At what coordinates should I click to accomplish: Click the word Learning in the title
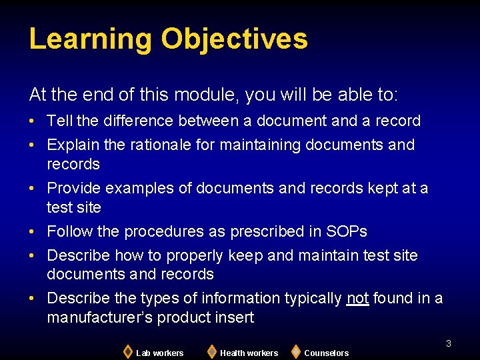[x=91, y=39]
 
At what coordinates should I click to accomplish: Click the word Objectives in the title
[x=234, y=39]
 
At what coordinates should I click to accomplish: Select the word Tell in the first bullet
[x=60, y=121]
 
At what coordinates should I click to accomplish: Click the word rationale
[x=150, y=145]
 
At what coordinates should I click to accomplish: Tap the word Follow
[x=69, y=231]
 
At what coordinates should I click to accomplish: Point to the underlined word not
[x=357, y=298]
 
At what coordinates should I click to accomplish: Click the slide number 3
[x=449, y=343]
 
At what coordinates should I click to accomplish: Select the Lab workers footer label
[x=159, y=353]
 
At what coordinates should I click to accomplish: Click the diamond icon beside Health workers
[x=211, y=351]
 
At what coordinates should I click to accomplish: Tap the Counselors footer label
[x=326, y=353]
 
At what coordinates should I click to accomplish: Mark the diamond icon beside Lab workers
[x=127, y=351]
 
